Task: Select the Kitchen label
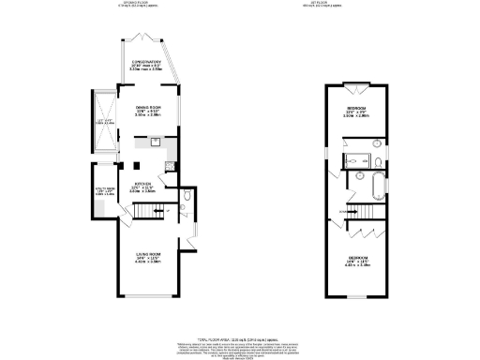[x=142, y=186]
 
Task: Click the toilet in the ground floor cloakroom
[x=187, y=196]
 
